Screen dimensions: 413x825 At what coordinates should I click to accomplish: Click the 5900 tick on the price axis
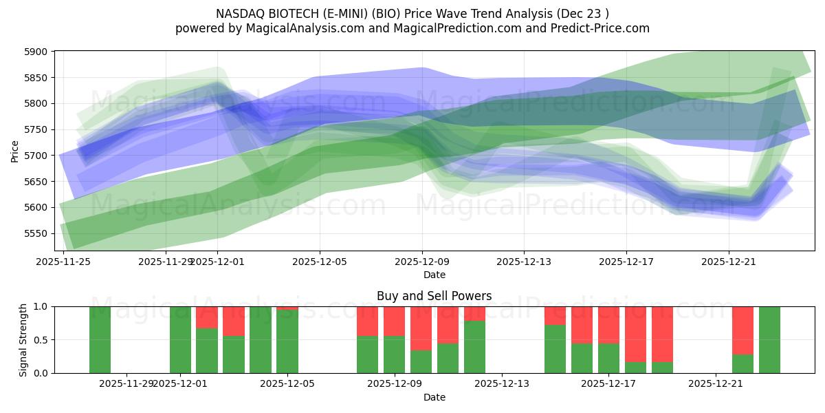36,52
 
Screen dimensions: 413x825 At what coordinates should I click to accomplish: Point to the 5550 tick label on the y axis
36,233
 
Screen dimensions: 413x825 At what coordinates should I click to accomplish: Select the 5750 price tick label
36,129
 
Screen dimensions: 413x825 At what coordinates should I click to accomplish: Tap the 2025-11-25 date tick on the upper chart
63,262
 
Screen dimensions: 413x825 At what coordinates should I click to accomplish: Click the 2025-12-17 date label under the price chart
626,262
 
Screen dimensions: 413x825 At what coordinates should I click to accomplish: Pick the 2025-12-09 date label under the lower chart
394,383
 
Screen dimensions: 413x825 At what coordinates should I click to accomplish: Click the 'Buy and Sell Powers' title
434,296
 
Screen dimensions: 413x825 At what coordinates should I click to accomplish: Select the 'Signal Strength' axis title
23,339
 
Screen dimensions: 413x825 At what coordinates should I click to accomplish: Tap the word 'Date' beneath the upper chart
434,275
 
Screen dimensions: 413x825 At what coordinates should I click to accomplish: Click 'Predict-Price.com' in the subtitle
602,28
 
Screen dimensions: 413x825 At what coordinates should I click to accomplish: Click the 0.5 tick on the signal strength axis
40,340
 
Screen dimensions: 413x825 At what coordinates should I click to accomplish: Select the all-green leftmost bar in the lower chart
100,339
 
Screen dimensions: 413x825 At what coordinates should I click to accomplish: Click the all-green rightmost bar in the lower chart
769,339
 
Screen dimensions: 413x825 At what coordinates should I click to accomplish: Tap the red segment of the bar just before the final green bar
742,330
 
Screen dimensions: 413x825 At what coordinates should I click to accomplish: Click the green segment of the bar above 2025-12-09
394,354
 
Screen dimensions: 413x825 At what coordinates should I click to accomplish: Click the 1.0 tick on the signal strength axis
40,306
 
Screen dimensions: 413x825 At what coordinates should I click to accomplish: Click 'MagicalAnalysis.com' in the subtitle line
306,28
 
